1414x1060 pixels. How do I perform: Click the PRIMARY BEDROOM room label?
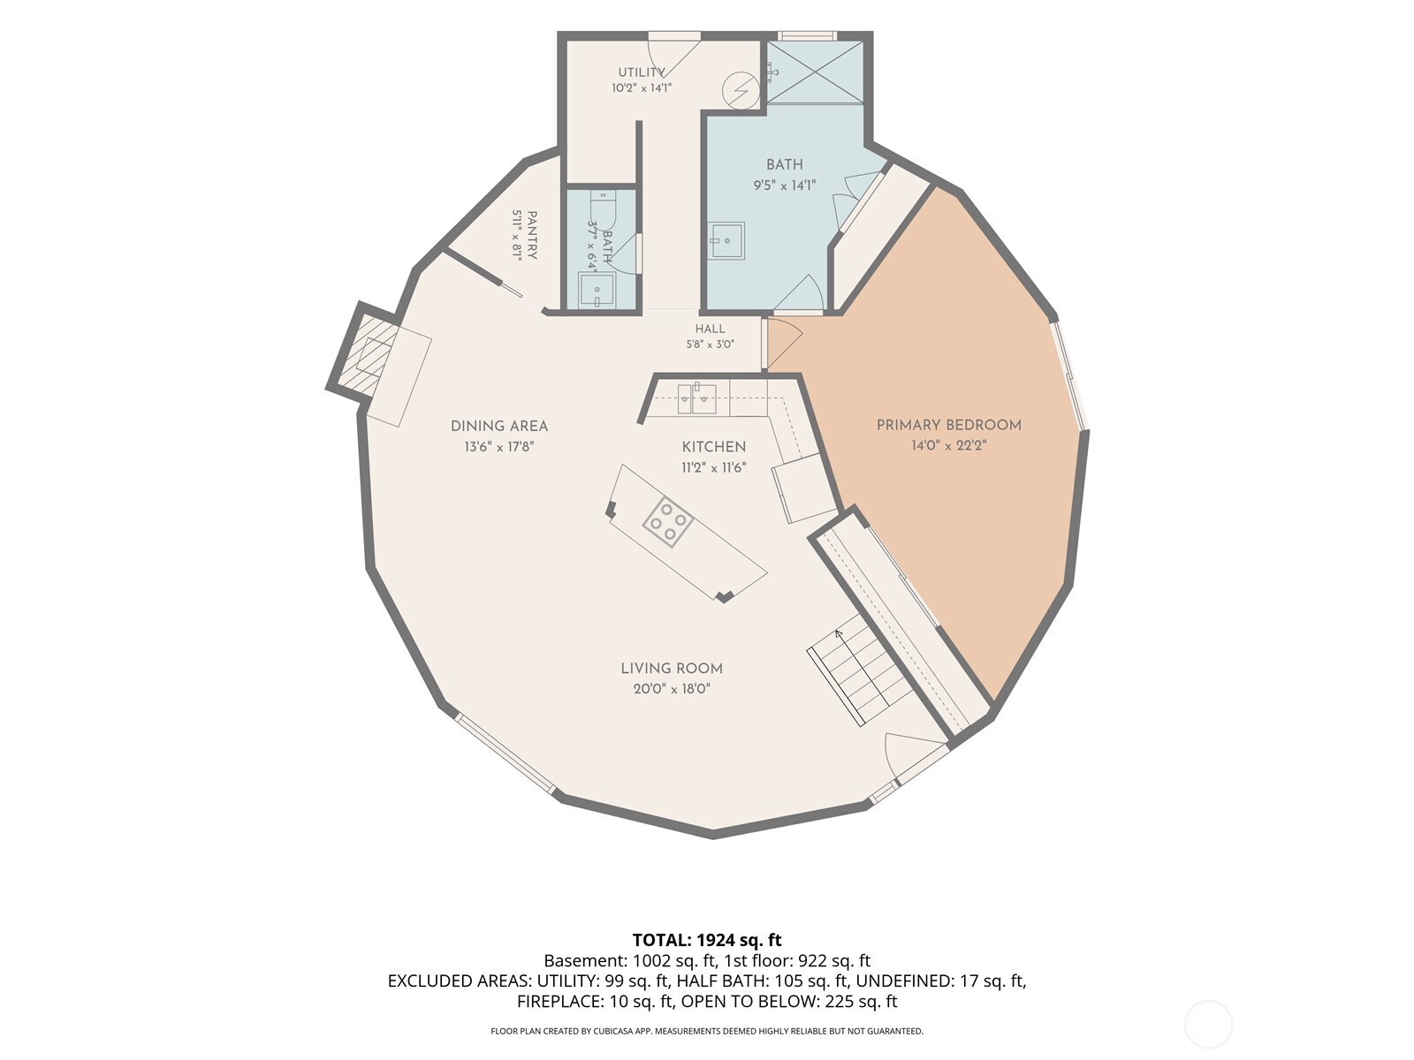pos(948,425)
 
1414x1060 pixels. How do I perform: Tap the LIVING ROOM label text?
pos(672,669)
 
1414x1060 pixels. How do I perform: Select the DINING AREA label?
pos(499,426)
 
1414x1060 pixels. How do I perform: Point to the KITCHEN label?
pos(714,447)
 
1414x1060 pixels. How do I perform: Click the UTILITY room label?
pos(642,72)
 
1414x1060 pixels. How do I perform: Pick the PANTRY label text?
pos(532,235)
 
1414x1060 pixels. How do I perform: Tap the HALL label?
pos(710,329)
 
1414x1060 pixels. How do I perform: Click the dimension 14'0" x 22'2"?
pos(948,445)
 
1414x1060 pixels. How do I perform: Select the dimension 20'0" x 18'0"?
pos(672,689)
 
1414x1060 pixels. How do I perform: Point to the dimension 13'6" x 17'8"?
pos(499,447)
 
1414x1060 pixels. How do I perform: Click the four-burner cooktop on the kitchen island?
pos(667,521)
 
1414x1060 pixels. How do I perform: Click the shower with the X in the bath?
pos(815,72)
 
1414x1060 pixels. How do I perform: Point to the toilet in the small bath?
pos(603,208)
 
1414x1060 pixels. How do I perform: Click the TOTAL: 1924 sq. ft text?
pos(707,940)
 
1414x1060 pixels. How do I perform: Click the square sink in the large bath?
pos(726,240)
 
